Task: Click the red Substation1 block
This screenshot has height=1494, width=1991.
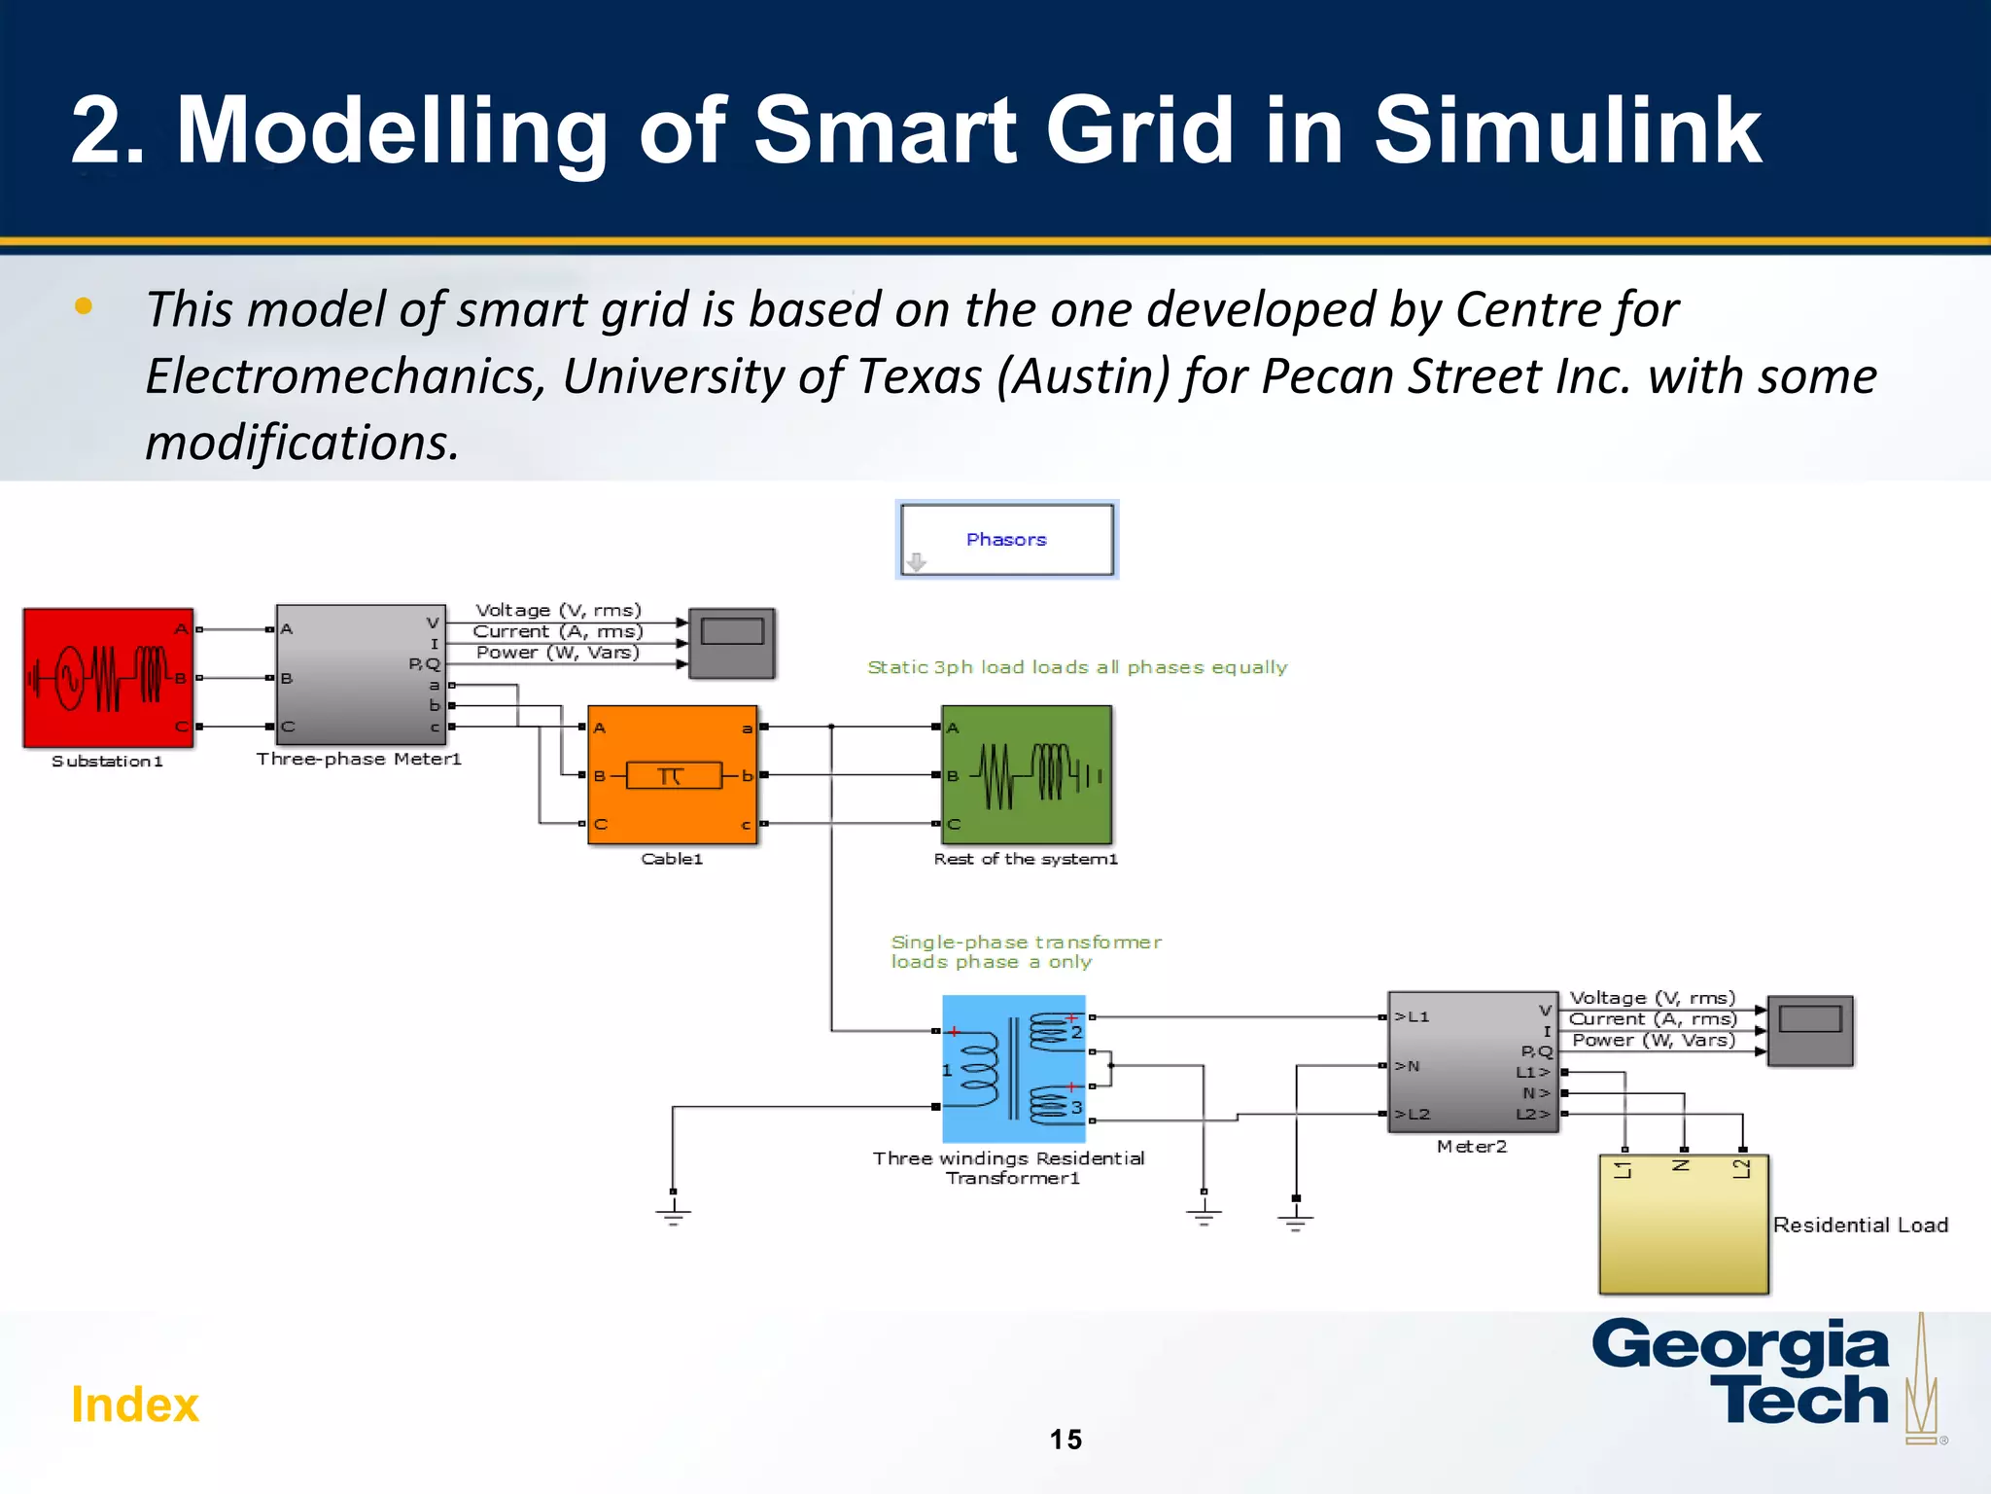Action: pyautogui.click(x=108, y=678)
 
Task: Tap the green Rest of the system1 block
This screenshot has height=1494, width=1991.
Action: pyautogui.click(x=1027, y=774)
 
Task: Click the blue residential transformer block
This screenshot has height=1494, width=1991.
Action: pyautogui.click(x=1013, y=1068)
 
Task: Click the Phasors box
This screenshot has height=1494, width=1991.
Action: pyautogui.click(x=1006, y=540)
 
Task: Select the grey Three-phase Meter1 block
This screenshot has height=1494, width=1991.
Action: pyautogui.click(x=361, y=675)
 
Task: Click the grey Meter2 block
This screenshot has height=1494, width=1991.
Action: pyautogui.click(x=1472, y=1062)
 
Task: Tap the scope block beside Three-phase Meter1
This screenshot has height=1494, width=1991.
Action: pyautogui.click(x=732, y=643)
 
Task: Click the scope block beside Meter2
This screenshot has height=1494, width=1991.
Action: pyautogui.click(x=1809, y=1030)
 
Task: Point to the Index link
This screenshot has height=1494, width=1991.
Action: pyautogui.click(x=135, y=1405)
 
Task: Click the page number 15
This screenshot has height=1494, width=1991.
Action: pyautogui.click(x=1065, y=1440)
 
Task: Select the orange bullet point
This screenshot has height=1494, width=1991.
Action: pyautogui.click(x=84, y=306)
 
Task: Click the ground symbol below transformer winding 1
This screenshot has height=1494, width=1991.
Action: pyautogui.click(x=673, y=1212)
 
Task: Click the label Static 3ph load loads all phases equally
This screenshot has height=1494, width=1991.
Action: pyautogui.click(x=1077, y=667)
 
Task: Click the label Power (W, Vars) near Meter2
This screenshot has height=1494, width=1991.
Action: pyautogui.click(x=1653, y=1040)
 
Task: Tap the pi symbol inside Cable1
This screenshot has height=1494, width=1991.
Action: pyautogui.click(x=671, y=775)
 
